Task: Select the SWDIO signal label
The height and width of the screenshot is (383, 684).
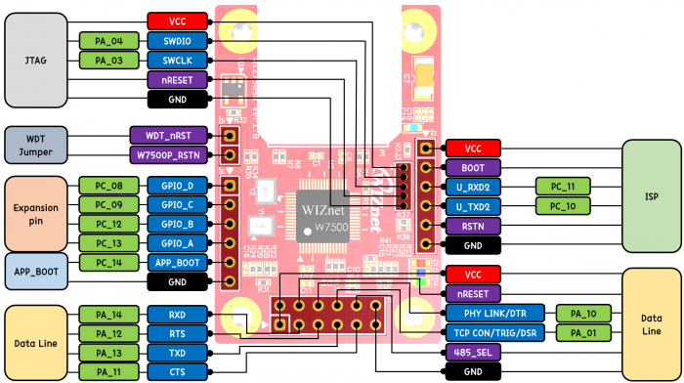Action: (x=177, y=41)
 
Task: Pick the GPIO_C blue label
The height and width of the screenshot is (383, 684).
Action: (x=177, y=204)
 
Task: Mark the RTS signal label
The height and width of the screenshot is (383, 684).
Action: (x=177, y=333)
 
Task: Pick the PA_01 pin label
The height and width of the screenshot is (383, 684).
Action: (x=585, y=333)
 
